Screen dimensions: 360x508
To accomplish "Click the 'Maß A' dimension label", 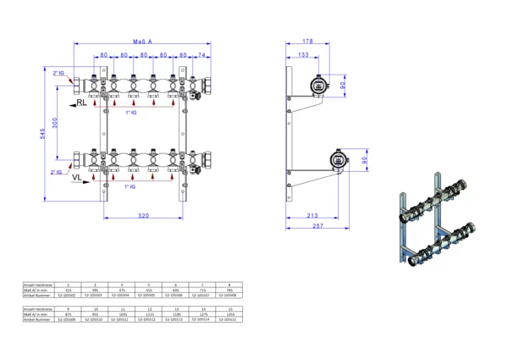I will point(142,41).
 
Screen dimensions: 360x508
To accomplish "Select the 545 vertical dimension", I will point(40,133).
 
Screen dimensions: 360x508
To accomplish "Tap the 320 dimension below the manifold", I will point(143,217).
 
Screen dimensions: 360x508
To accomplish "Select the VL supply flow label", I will point(76,180).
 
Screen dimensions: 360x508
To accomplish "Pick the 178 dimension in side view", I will point(307,40).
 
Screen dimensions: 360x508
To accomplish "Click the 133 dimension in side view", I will point(302,55).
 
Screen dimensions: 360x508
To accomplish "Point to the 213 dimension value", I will point(312,216).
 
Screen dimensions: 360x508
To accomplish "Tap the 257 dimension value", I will point(318,228).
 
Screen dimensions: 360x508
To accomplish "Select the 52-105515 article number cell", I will point(227,321).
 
